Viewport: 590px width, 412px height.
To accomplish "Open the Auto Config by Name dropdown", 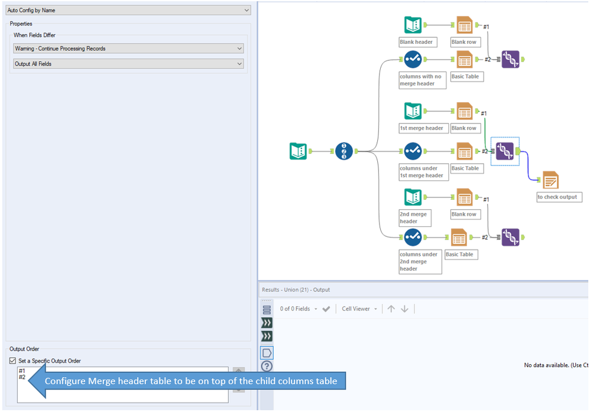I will point(128,10).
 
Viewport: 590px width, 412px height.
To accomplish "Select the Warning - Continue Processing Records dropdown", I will point(128,48).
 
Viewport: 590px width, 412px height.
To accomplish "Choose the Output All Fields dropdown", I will point(128,64).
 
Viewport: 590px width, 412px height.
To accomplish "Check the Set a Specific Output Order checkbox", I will point(13,361).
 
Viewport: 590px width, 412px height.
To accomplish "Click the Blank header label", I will point(416,42).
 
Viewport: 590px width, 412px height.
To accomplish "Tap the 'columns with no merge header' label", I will point(420,80).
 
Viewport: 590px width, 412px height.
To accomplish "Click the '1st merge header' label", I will point(422,128).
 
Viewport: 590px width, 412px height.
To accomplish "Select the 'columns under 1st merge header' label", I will point(422,171).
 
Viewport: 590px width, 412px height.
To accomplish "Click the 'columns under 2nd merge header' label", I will point(420,261).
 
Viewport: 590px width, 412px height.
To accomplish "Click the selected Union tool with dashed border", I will point(505,151).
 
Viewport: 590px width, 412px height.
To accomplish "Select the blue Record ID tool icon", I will point(343,151).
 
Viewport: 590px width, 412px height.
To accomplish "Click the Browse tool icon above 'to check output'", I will point(550,180).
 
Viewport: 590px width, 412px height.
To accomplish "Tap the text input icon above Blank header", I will point(413,25).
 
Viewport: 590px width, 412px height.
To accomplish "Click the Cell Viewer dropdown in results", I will point(359,309).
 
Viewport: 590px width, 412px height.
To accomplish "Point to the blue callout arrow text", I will point(191,381).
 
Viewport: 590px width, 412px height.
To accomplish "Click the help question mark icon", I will point(267,366).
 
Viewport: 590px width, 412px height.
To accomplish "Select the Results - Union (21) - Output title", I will point(296,290).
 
